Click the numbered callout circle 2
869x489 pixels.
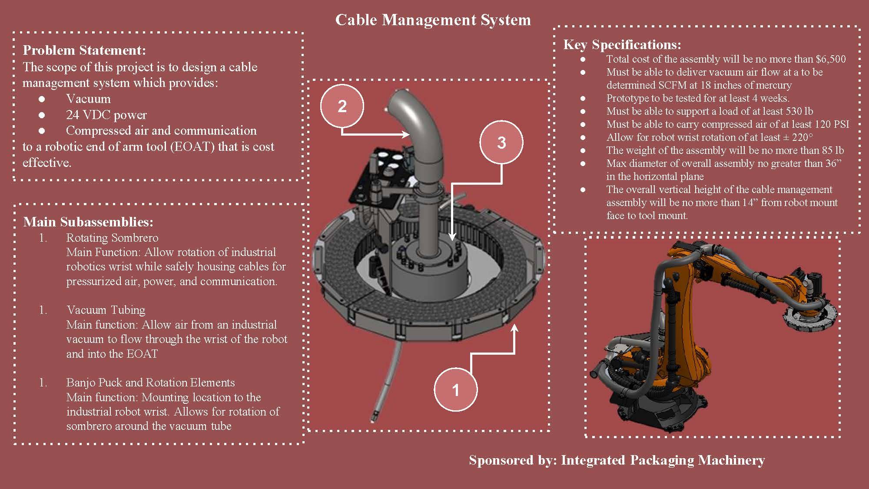tap(342, 106)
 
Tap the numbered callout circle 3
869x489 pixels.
tap(501, 143)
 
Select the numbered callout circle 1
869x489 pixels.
tap(455, 389)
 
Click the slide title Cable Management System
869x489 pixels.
tap(433, 20)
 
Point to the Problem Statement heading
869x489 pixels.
tap(84, 50)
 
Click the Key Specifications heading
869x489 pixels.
tap(622, 45)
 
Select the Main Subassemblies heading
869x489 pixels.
tap(88, 222)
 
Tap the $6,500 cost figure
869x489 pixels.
tap(830, 59)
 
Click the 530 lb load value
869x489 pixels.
tap(799, 111)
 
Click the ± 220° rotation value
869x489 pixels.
tap(797, 137)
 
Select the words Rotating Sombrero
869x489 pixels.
tap(112, 238)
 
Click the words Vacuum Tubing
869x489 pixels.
tap(106, 310)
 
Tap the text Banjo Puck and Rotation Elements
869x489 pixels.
tap(150, 383)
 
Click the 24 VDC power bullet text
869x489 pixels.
tap(106, 115)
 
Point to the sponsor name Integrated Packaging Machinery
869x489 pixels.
tap(663, 460)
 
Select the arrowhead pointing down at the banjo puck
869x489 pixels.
tap(452, 237)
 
